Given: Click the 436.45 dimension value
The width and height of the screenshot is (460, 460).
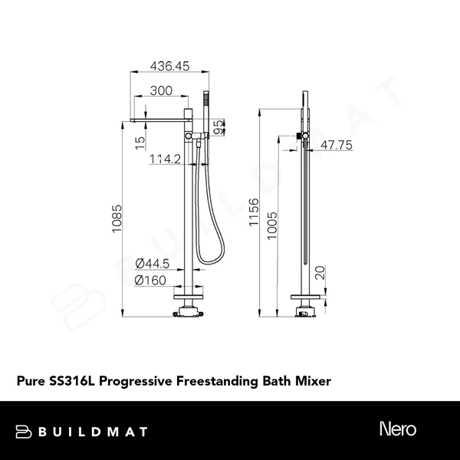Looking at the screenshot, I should pyautogui.click(x=167, y=67).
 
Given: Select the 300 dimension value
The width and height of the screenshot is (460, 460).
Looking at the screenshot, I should pyautogui.click(x=159, y=90).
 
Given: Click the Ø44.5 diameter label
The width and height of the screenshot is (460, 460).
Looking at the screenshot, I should pyautogui.click(x=152, y=264).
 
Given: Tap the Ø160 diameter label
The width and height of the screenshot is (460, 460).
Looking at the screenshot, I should pyautogui.click(x=151, y=281).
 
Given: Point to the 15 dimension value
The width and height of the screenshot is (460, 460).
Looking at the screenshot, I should pyautogui.click(x=139, y=143).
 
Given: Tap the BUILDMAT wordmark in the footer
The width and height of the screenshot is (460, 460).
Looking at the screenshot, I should pyautogui.click(x=92, y=431).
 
